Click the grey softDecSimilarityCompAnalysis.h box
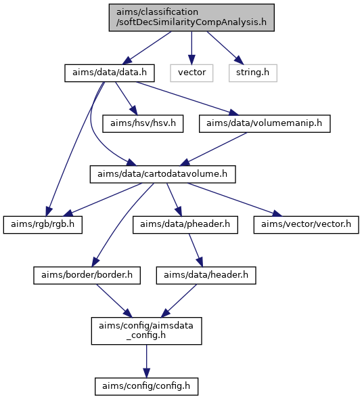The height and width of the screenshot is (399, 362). click(191, 18)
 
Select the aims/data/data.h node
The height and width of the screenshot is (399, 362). click(110, 73)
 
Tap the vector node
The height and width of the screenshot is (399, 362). click(191, 73)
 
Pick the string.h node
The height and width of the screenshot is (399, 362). click(252, 73)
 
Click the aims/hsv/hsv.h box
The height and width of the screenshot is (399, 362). click(143, 124)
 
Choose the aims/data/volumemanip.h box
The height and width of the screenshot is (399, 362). click(265, 124)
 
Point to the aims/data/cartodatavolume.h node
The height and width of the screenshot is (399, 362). click(162, 174)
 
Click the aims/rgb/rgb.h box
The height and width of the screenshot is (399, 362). click(43, 225)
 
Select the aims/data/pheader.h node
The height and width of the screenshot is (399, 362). click(185, 225)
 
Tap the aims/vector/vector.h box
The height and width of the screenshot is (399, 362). click(306, 225)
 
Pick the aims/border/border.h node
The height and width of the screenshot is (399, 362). click(87, 275)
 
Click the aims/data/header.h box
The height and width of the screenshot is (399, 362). click(206, 275)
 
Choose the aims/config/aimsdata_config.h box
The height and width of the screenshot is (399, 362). click(146, 331)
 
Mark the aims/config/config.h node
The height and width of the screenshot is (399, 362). click(146, 386)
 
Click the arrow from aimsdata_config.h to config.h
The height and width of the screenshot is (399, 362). click(146, 361)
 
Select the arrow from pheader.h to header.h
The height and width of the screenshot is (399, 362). click(196, 250)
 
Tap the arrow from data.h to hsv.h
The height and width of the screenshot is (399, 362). click(127, 98)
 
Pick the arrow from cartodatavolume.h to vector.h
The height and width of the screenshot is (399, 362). click(234, 200)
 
